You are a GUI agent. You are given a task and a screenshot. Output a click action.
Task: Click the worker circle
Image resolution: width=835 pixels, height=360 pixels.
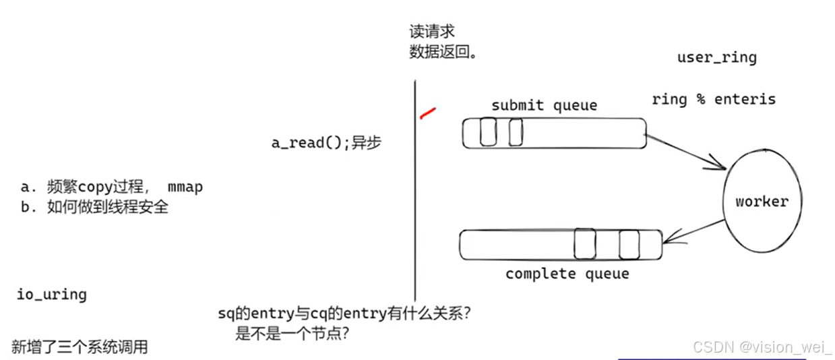coord(762,201)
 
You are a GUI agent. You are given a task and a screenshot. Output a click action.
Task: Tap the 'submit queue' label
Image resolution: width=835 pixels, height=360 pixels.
coord(544,105)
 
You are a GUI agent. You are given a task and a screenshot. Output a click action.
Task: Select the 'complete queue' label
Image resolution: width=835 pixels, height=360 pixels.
coord(567,274)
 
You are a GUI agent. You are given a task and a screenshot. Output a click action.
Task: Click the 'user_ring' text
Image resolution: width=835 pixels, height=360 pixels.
coord(716,57)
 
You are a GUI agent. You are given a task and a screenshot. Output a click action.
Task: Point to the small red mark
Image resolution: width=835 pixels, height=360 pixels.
coord(427,112)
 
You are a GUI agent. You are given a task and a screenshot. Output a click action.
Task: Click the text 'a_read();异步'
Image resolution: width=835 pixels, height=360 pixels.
coord(326,143)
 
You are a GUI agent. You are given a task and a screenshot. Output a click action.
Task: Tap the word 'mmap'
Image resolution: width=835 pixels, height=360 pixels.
coord(185,187)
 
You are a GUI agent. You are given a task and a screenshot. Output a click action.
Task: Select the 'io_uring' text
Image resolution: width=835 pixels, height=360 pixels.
coord(51,295)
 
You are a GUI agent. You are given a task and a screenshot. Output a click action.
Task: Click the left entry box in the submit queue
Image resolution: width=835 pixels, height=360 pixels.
coord(488,132)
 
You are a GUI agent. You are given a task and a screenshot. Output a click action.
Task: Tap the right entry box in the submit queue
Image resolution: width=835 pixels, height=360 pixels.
coord(516,132)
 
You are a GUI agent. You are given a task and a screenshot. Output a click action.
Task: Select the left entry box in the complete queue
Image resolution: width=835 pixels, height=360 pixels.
coord(584,244)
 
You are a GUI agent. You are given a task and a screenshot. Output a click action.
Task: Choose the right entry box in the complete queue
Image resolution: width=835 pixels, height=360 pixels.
coord(629,244)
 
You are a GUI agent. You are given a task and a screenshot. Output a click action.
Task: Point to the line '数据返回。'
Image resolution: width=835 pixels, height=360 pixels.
coord(443,52)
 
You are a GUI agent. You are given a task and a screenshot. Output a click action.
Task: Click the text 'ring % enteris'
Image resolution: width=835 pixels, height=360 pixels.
coord(713,99)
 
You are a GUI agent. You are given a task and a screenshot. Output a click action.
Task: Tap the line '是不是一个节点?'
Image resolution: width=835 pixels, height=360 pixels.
coord(291,332)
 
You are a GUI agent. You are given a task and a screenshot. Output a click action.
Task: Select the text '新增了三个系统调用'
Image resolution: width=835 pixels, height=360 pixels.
coord(80,347)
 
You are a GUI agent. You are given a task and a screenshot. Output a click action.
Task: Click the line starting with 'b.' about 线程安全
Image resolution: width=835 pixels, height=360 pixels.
coord(94,207)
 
